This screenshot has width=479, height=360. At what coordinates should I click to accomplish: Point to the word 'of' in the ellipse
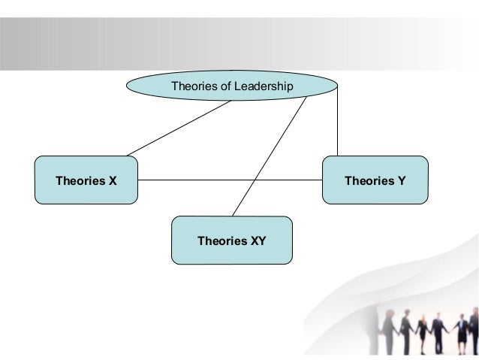coord(222,86)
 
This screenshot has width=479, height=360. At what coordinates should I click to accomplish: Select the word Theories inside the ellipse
coord(193,86)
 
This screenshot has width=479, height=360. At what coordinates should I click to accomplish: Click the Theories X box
coord(86,180)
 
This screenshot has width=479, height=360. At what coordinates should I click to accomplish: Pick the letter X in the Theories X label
coord(113,180)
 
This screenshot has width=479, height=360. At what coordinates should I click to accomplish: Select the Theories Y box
coord(375,180)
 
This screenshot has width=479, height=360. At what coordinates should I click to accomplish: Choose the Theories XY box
coord(230,241)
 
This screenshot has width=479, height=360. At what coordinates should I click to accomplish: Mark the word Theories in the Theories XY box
coord(221,241)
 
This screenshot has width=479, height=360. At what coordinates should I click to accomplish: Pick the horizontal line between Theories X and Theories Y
coord(230,180)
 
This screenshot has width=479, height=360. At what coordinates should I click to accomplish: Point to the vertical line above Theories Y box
coord(338,120)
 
